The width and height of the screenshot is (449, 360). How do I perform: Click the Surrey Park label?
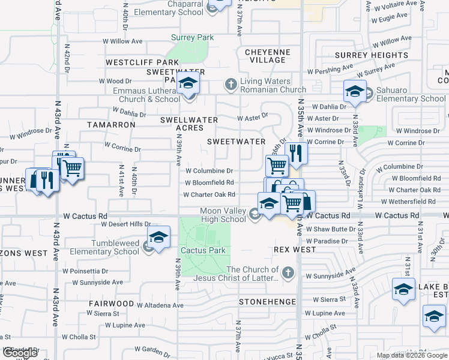click(x=192, y=38)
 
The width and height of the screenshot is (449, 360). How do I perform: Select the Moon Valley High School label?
click(x=223, y=215)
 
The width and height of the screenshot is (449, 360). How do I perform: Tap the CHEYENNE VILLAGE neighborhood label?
click(x=268, y=56)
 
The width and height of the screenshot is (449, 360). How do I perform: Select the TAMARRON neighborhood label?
click(x=111, y=124)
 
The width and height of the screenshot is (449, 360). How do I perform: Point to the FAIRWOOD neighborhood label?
click(x=111, y=304)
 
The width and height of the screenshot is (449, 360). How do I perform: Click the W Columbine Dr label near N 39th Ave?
click(x=209, y=171)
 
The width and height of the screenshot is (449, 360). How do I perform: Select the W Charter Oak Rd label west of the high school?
click(x=208, y=195)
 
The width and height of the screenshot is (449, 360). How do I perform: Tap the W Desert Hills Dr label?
click(x=125, y=224)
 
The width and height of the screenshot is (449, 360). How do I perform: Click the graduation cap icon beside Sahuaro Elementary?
click(x=355, y=91)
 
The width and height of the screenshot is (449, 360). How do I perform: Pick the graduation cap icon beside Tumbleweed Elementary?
click(x=158, y=238)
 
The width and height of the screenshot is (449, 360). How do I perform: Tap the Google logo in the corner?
click(x=19, y=353)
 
